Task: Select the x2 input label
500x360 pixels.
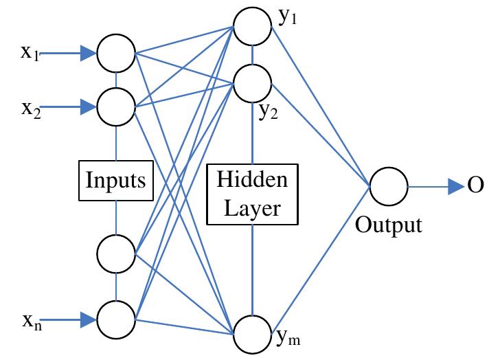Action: point(30,109)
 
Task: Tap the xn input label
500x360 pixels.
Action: point(30,319)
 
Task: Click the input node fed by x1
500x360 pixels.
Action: point(115,52)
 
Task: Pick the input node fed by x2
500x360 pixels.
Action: point(115,106)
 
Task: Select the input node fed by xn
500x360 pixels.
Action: point(115,318)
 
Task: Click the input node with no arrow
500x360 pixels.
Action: point(115,254)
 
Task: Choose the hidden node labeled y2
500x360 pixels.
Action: point(252,83)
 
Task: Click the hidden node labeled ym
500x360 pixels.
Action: point(252,333)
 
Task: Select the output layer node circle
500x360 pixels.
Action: point(389,187)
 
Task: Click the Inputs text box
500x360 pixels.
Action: point(115,181)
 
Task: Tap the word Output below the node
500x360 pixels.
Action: point(389,225)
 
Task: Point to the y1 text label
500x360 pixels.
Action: point(286,20)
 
